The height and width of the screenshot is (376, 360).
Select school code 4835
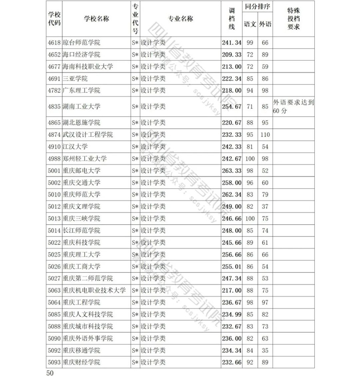pos(54,107)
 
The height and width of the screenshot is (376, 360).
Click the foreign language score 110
pos(265,135)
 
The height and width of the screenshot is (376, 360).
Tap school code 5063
pos(54,290)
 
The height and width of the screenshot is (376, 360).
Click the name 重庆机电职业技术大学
pos(94,290)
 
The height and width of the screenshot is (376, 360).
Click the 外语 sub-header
pos(265,24)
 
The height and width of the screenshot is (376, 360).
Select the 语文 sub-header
pos(250,24)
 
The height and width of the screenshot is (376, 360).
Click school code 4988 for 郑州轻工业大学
pos(54,159)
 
